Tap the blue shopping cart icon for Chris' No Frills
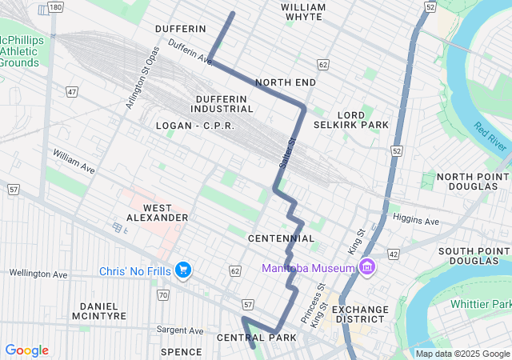click(183, 270)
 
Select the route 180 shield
click(54, 7)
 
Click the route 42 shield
click(394, 254)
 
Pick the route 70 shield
click(162, 295)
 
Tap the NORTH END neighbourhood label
click(286, 82)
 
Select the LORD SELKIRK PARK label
click(362, 119)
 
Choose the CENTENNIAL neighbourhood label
click(281, 238)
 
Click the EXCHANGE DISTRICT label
click(359, 315)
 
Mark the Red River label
click(489, 134)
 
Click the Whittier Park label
click(480, 304)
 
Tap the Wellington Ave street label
click(38, 274)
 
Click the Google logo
click(27, 350)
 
